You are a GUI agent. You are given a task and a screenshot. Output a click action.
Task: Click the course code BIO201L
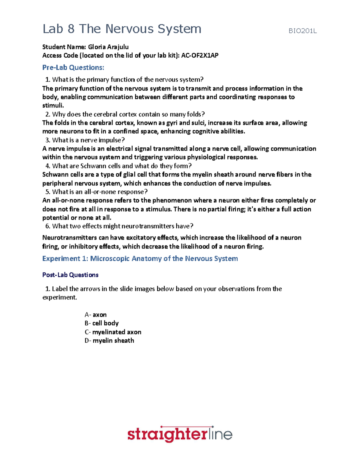[302, 31]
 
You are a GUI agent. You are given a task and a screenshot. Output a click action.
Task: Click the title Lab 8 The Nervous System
[122, 29]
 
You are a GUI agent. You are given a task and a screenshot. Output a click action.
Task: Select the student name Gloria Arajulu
[108, 47]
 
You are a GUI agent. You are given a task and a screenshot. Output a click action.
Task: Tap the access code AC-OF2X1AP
[200, 56]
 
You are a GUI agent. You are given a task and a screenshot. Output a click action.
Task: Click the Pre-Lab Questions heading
[73, 68]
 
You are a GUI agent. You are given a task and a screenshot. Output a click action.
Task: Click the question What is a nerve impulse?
[88, 140]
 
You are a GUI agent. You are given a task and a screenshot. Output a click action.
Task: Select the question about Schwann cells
[121, 166]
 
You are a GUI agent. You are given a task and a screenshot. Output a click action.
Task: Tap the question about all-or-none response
[100, 192]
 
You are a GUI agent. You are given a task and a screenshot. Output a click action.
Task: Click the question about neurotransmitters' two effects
[122, 226]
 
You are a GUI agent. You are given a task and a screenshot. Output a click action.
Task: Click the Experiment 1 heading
[140, 259]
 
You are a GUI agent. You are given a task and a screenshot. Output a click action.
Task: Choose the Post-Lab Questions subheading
[70, 275]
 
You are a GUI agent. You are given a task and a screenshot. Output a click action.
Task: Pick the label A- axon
[95, 315]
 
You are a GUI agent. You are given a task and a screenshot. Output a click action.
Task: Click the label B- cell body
[101, 323]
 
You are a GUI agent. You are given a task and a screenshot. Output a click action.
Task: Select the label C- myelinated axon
[113, 332]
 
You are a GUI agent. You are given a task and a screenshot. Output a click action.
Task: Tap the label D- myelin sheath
[109, 341]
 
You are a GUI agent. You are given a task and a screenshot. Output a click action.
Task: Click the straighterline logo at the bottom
[180, 434]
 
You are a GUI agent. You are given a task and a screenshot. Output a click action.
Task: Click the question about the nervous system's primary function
[127, 80]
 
